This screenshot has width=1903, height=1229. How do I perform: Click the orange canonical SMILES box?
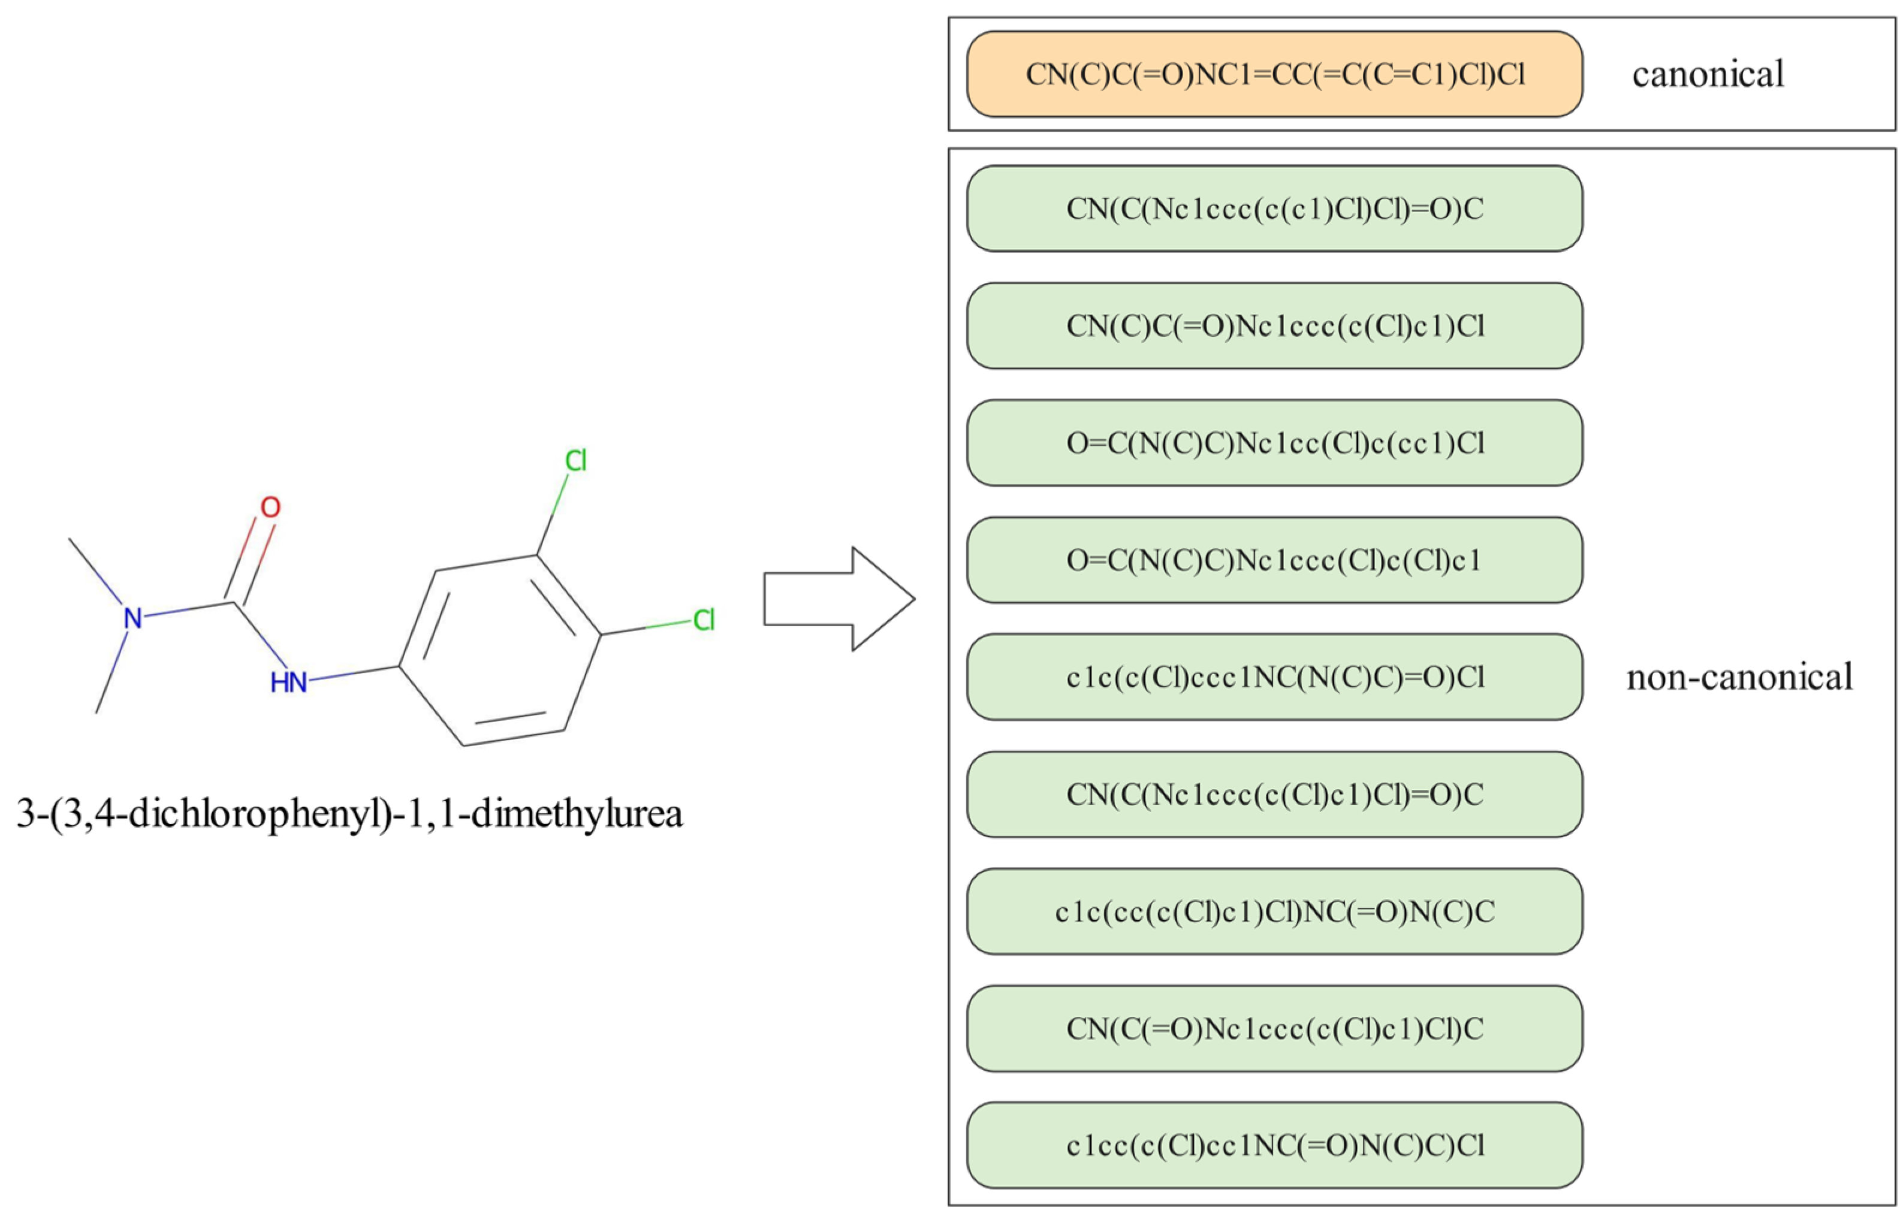pyautogui.click(x=1274, y=74)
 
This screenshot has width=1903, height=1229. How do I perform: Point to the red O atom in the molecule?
pyautogui.click(x=270, y=508)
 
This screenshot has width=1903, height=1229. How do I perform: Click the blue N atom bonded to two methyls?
pyautogui.click(x=132, y=618)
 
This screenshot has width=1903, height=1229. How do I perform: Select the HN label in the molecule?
pyautogui.click(x=288, y=683)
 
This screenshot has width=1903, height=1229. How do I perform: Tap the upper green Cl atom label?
pyautogui.click(x=575, y=460)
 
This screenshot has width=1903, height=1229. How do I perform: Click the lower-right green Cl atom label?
pyautogui.click(x=703, y=620)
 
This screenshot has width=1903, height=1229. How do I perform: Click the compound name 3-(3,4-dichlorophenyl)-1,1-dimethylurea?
pyautogui.click(x=349, y=814)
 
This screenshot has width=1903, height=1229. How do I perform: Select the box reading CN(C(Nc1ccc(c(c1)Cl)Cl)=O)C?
pyautogui.click(x=1274, y=209)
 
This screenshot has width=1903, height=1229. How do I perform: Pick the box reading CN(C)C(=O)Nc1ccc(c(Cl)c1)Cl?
pyautogui.click(x=1274, y=325)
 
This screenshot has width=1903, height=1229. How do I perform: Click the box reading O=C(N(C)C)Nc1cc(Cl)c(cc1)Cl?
pyautogui.click(x=1274, y=443)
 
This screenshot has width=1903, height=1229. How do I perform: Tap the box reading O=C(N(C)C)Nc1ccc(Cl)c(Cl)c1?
pyautogui.click(x=1274, y=560)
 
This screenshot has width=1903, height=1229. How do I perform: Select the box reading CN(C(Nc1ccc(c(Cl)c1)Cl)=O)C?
pyautogui.click(x=1274, y=794)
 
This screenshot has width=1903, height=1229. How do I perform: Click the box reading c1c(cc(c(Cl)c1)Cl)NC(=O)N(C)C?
pyautogui.click(x=1274, y=911)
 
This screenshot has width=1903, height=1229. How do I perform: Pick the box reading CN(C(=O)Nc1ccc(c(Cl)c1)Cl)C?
pyautogui.click(x=1274, y=1029)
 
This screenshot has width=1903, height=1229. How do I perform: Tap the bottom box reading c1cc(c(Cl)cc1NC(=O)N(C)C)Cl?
pyautogui.click(x=1274, y=1146)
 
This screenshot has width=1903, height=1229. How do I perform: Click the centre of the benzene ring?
pyautogui.click(x=500, y=650)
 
